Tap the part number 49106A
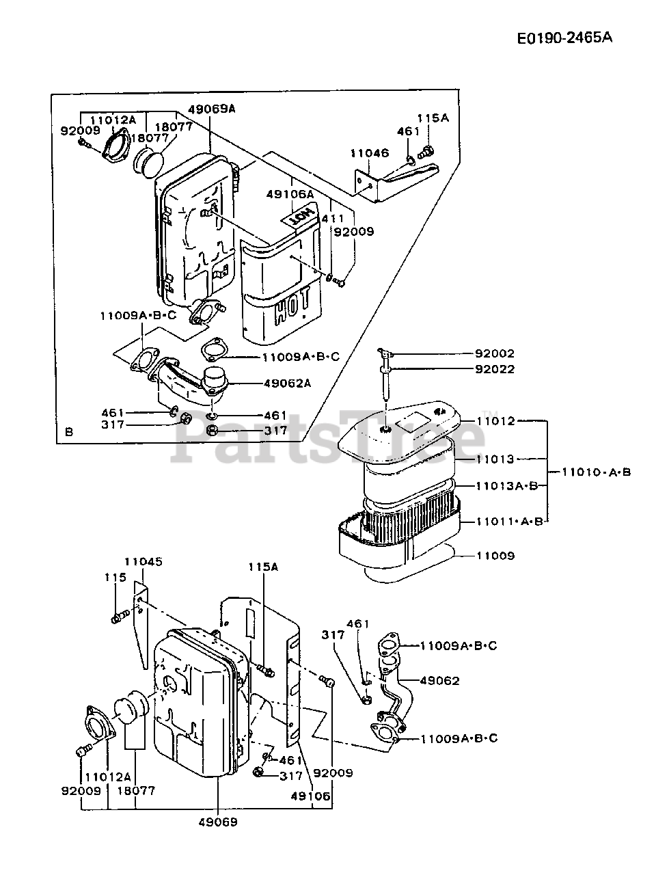click(x=290, y=194)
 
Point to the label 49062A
click(x=287, y=383)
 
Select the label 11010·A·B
click(x=596, y=472)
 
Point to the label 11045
click(x=144, y=562)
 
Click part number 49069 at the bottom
click(x=219, y=822)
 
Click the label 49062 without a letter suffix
click(x=439, y=681)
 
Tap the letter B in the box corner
click(x=68, y=432)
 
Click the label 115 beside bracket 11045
click(x=115, y=578)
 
